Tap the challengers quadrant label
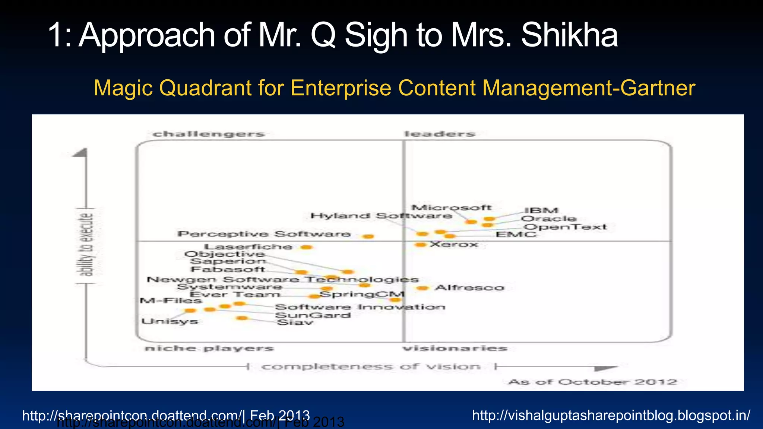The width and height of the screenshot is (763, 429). pyautogui.click(x=209, y=134)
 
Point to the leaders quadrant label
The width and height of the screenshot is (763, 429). pyautogui.click(x=440, y=134)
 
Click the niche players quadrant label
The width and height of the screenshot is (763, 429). pyautogui.click(x=209, y=349)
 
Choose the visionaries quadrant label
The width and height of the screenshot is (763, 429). pyautogui.click(x=455, y=349)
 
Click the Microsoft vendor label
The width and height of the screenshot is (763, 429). pyautogui.click(x=451, y=208)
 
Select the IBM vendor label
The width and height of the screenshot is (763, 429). pyautogui.click(x=541, y=210)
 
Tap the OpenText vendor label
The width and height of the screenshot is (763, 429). pyautogui.click(x=565, y=227)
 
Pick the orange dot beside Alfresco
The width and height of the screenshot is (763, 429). pyautogui.click(x=422, y=288)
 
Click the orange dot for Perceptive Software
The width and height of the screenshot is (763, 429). pyautogui.click(x=368, y=236)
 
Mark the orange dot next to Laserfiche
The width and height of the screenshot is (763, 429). pyautogui.click(x=307, y=247)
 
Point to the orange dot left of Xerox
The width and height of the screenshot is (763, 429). pyautogui.click(x=420, y=245)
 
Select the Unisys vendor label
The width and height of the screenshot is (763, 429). pyautogui.click(x=170, y=321)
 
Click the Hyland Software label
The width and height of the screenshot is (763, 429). pyautogui.click(x=381, y=216)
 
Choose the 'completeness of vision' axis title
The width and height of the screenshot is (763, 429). pyautogui.click(x=371, y=367)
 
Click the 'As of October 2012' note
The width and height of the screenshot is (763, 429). pyautogui.click(x=592, y=382)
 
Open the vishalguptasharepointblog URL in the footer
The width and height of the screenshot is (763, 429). pyautogui.click(x=611, y=415)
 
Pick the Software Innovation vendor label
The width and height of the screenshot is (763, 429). pyautogui.click(x=360, y=307)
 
